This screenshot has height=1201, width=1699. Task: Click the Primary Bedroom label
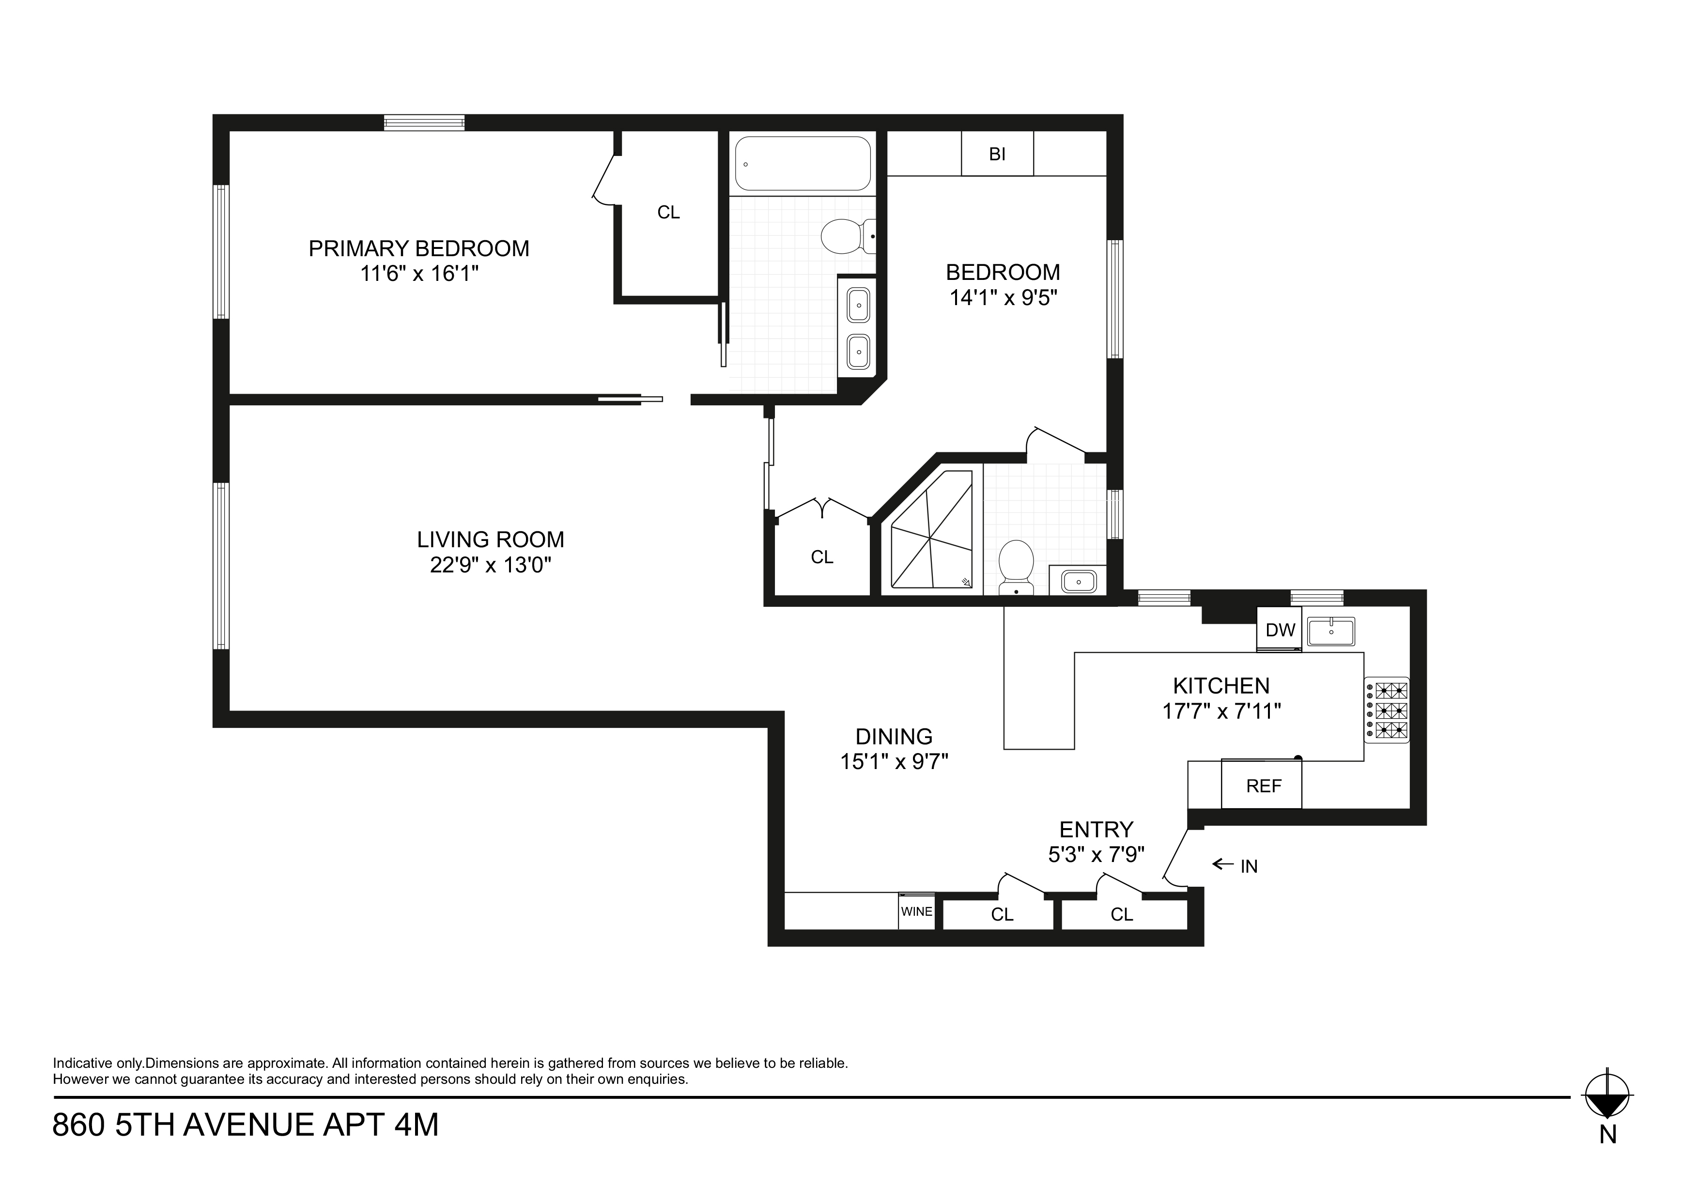click(419, 248)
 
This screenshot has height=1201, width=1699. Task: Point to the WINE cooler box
click(916, 912)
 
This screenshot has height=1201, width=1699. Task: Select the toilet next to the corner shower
click(1016, 566)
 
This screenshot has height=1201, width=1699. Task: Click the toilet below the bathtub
click(847, 236)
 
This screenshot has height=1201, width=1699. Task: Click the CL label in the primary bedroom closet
click(668, 213)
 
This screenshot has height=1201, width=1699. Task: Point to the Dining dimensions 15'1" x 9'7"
click(894, 761)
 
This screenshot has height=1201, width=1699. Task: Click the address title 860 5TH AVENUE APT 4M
click(246, 1125)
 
